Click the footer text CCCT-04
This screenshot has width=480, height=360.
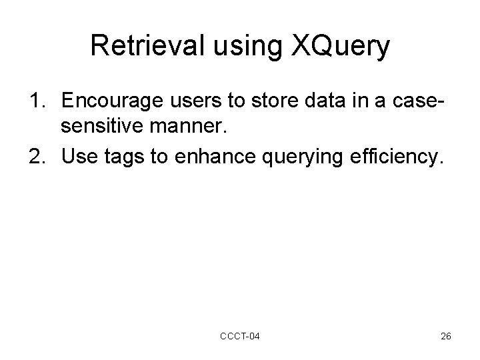pyautogui.click(x=240, y=336)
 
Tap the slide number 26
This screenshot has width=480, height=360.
pyautogui.click(x=446, y=336)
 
